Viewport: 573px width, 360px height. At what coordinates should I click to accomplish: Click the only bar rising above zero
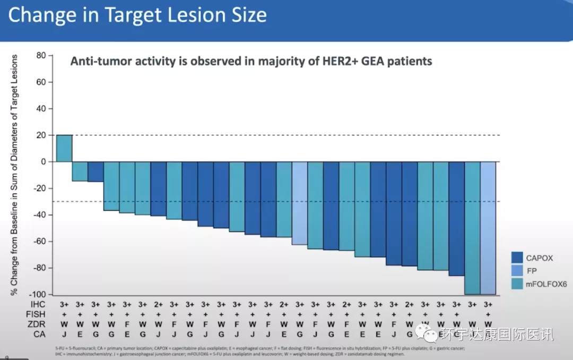64,148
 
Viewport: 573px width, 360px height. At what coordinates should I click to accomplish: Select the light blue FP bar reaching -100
489,228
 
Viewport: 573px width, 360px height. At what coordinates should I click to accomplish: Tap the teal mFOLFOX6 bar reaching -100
472,228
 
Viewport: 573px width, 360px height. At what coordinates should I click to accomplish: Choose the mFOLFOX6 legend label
546,284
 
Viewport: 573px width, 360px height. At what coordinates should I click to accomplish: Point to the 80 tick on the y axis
41,55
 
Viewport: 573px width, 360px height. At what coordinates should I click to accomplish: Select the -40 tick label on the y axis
39,215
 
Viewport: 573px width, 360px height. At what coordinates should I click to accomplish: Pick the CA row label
38,334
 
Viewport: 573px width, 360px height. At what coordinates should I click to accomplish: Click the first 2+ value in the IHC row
158,304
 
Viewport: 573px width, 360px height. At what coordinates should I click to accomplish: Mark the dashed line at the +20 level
318,135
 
